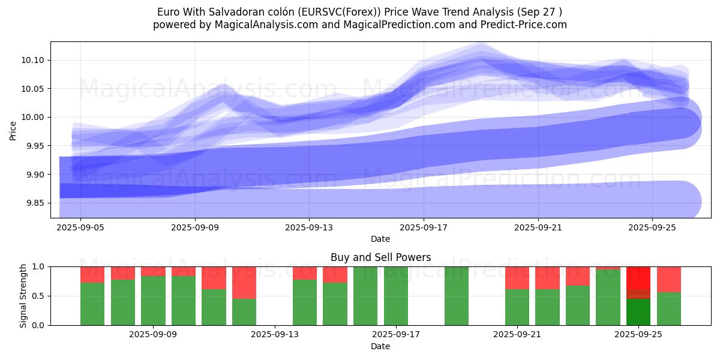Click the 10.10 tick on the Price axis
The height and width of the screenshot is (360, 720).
pos(37,60)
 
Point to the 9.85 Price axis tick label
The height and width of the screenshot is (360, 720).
pos(37,203)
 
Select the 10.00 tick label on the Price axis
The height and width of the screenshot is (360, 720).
pos(37,117)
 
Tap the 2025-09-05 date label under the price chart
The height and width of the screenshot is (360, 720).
pos(80,228)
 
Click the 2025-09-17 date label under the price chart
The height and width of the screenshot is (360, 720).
pos(424,228)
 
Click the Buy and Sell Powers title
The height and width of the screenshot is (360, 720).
pos(380,257)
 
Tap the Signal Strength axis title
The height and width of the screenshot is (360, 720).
pos(23,296)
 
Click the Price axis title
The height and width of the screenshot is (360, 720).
pos(13,130)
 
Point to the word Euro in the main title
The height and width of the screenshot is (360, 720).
pos(167,12)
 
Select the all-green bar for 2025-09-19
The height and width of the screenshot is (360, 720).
pos(457,296)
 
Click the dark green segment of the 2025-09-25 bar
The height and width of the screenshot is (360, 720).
pos(638,312)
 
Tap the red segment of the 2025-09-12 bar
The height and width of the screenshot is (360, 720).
pos(244,282)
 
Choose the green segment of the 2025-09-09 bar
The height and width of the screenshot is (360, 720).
pos(184,301)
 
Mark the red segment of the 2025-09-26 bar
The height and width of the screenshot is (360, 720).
pos(669,279)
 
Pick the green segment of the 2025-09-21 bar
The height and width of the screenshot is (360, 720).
pos(517,307)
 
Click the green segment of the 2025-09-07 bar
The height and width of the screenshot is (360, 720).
pos(123,302)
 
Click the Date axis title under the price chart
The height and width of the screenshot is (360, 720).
pos(380,239)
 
